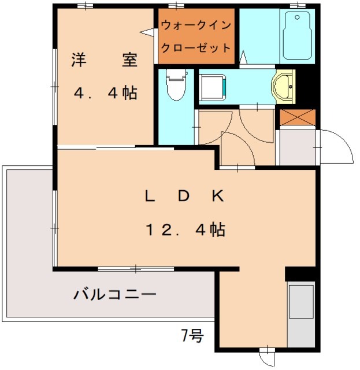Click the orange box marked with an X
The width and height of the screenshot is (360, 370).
[298, 117]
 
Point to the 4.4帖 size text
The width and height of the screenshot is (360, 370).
[105, 93]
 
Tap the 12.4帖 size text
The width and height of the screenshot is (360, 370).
[184, 230]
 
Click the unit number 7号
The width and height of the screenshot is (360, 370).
[192, 335]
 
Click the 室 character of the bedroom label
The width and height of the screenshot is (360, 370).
[129, 61]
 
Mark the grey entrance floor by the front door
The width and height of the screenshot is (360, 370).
[297, 147]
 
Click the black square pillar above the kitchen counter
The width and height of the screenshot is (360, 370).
[300, 275]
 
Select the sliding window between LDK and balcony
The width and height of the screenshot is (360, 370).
[135, 269]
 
